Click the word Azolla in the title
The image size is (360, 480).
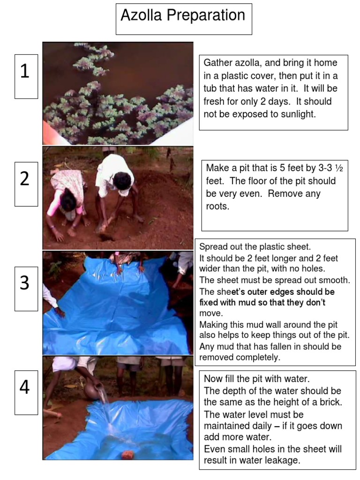[141, 15]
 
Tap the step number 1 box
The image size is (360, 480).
[26, 76]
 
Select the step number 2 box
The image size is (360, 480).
[26, 184]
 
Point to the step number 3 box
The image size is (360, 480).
[26, 289]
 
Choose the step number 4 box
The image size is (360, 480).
[26, 392]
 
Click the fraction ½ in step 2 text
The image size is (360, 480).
[338, 168]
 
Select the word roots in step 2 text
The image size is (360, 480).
[217, 207]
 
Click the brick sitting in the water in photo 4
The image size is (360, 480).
[127, 455]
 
